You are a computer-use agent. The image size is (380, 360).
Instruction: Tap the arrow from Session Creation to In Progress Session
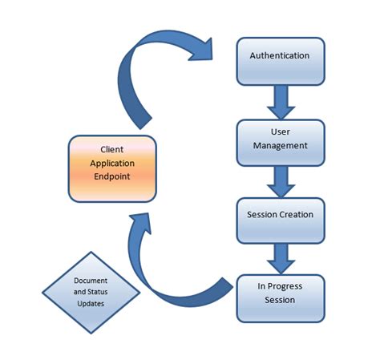[280, 257]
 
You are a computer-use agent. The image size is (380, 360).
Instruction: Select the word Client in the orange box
[111, 150]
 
